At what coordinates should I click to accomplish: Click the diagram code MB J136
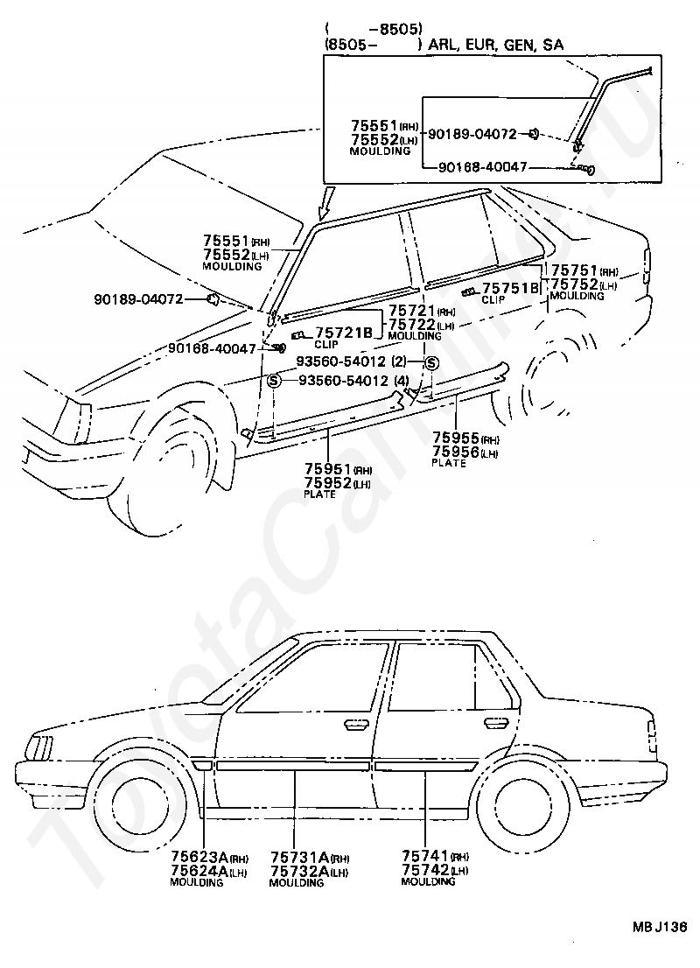tap(659, 928)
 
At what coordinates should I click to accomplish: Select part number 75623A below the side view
tap(199, 857)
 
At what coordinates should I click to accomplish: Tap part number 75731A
tap(300, 858)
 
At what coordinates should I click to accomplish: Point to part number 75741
tap(425, 856)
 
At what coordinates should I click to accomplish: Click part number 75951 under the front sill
tap(328, 468)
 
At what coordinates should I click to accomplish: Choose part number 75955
tap(456, 438)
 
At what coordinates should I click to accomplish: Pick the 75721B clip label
tap(344, 333)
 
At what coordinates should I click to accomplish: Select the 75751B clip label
tap(510, 288)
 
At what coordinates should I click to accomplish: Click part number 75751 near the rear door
tap(575, 270)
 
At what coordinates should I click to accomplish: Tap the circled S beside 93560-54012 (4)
tap(274, 381)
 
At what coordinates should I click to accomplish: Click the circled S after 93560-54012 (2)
tap(432, 363)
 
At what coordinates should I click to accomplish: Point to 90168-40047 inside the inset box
tap(483, 166)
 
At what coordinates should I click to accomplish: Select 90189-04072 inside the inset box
tap(472, 134)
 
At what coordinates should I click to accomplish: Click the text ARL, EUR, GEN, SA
tap(495, 45)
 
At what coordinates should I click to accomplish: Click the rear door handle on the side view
tap(494, 723)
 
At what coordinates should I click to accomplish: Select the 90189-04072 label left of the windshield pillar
tap(139, 299)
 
